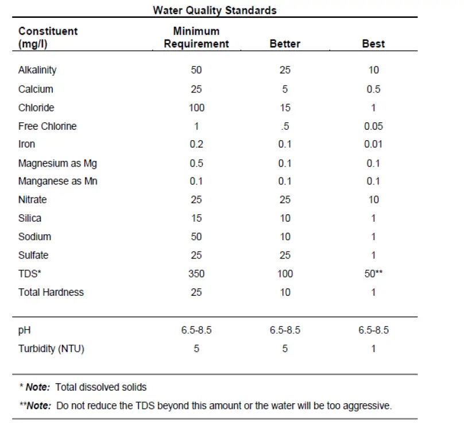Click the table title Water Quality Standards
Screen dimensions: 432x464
point(214,10)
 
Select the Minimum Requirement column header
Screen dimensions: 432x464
point(196,37)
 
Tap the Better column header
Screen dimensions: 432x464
point(285,44)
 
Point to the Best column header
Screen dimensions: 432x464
point(373,44)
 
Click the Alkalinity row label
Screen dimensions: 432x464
point(37,70)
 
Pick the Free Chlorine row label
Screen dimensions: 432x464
point(47,126)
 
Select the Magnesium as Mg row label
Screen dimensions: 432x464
point(57,163)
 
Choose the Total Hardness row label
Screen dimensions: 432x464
point(51,292)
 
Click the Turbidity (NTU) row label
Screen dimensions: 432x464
point(51,349)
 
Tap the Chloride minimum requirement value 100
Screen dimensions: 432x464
point(196,107)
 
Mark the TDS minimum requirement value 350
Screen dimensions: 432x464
point(196,273)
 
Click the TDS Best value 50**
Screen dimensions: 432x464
point(373,273)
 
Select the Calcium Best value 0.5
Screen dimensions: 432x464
point(373,89)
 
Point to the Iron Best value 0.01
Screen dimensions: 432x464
point(373,144)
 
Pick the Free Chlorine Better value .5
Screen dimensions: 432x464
point(285,126)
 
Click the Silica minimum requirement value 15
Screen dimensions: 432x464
point(196,218)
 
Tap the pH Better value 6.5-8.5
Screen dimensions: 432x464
point(285,330)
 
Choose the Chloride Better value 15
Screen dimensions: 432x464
point(285,107)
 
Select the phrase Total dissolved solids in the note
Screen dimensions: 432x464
point(101,387)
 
